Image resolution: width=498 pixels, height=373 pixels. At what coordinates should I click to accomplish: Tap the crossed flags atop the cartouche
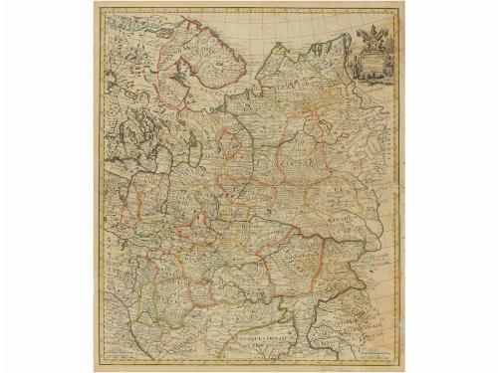(x=370, y=33)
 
